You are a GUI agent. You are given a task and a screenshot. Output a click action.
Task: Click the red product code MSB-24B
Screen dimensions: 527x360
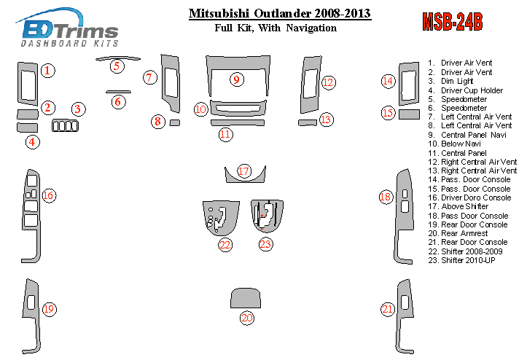[x=453, y=22]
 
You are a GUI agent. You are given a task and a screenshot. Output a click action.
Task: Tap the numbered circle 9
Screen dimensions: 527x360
[x=237, y=79]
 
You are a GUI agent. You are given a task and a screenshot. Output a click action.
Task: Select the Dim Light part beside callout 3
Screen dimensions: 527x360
[x=65, y=126]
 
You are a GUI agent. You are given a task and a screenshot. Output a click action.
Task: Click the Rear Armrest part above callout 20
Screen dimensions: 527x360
[x=246, y=298]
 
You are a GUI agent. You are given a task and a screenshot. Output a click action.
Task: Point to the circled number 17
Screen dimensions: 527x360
[x=244, y=171]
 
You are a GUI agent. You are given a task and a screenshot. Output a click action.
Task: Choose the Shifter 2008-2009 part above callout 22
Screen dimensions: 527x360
[x=221, y=217]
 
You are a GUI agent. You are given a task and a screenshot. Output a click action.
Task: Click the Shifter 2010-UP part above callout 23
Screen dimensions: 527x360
[x=267, y=216]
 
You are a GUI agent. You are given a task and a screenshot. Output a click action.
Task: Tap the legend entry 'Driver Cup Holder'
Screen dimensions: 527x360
[x=465, y=90]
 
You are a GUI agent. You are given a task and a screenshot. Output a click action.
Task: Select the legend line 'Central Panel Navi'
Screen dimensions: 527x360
[x=467, y=135]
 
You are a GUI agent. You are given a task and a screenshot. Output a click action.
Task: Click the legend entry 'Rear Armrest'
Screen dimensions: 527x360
[x=458, y=233]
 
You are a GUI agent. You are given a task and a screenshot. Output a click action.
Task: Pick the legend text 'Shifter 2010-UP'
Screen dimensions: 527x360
[x=461, y=260]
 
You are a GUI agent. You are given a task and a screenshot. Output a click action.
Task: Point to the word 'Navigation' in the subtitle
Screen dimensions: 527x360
[x=311, y=28]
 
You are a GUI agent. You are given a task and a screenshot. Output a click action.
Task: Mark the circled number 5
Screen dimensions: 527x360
[x=117, y=66]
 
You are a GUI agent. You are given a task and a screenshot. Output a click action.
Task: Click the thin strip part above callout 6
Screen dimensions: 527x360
[x=118, y=91]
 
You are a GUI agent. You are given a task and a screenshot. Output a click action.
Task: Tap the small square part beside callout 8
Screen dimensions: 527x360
[x=174, y=122]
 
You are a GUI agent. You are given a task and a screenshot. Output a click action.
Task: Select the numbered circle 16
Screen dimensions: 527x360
[x=48, y=195]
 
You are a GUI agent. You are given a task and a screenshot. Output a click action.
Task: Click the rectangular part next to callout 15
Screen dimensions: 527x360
[x=409, y=114]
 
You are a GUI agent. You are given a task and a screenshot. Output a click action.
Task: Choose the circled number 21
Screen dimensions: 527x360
[x=387, y=309]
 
